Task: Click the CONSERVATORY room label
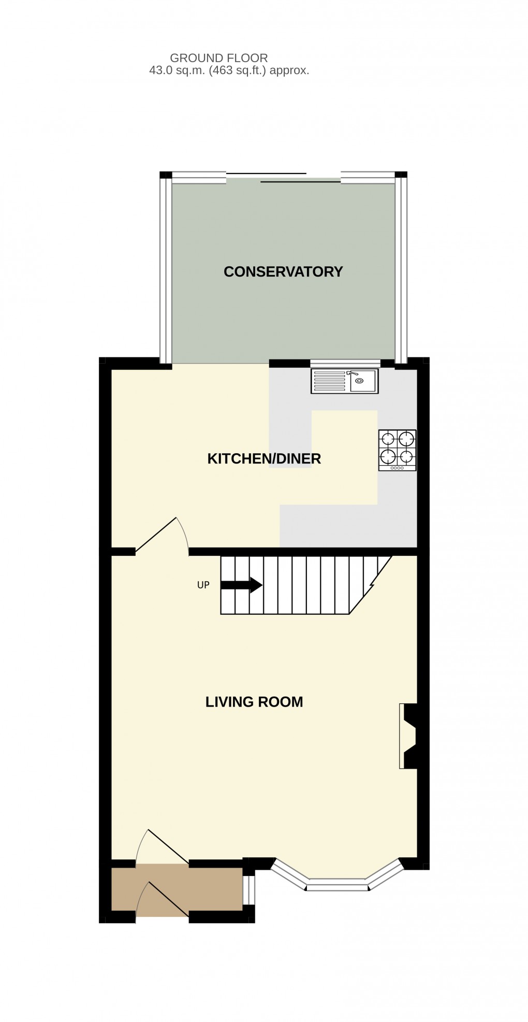283,271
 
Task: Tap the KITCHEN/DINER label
264,458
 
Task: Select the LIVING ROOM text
254,702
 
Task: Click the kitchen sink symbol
344,381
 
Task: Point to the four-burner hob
397,450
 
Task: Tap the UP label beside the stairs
203,585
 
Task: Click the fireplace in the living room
408,736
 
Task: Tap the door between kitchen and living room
162,536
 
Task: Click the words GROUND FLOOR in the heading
218,58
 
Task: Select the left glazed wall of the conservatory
166,269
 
